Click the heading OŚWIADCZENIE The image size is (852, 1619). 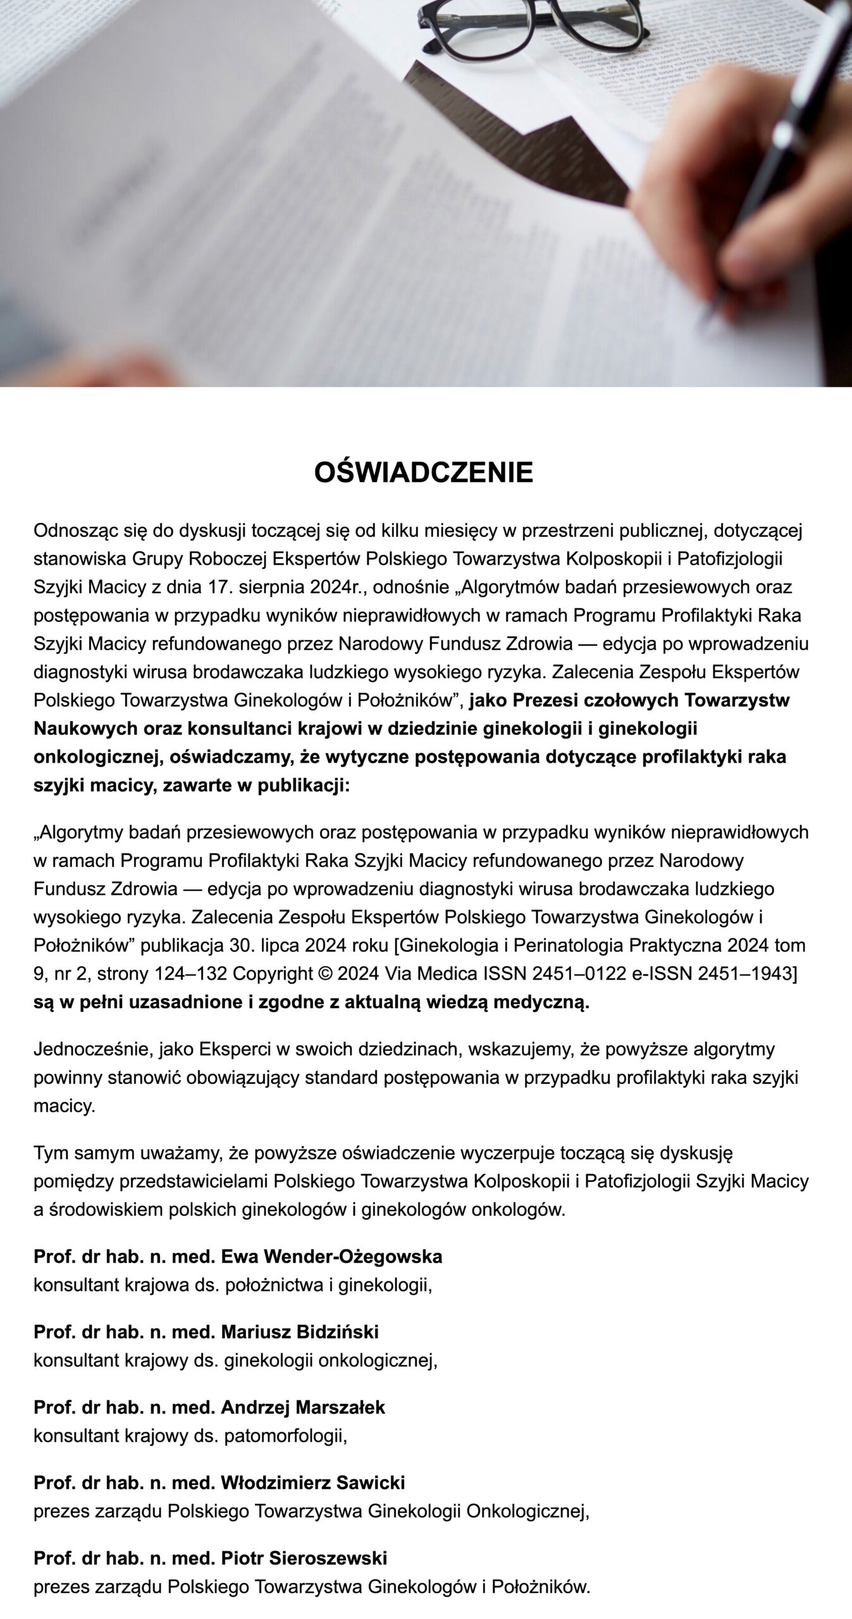pos(424,472)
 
